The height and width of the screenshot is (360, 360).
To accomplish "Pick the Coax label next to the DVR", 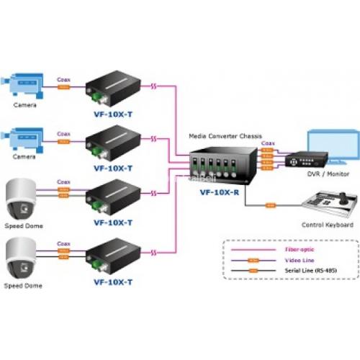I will pos(269,143).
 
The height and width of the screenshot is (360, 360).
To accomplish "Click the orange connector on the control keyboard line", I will pos(271,205).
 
